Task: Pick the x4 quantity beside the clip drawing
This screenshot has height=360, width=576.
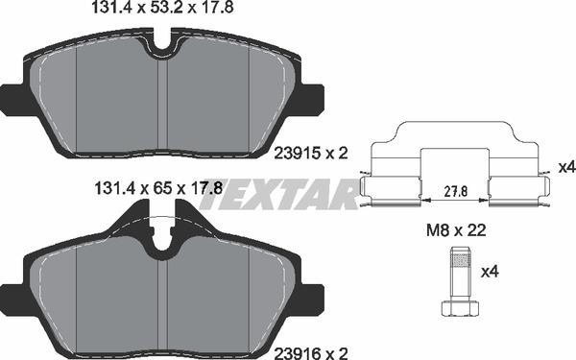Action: tap(565, 167)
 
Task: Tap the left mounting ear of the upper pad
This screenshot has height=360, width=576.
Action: tap(12, 97)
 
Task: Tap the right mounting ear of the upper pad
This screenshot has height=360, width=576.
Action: tap(314, 97)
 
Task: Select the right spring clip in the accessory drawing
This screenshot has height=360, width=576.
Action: tap(516, 190)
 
